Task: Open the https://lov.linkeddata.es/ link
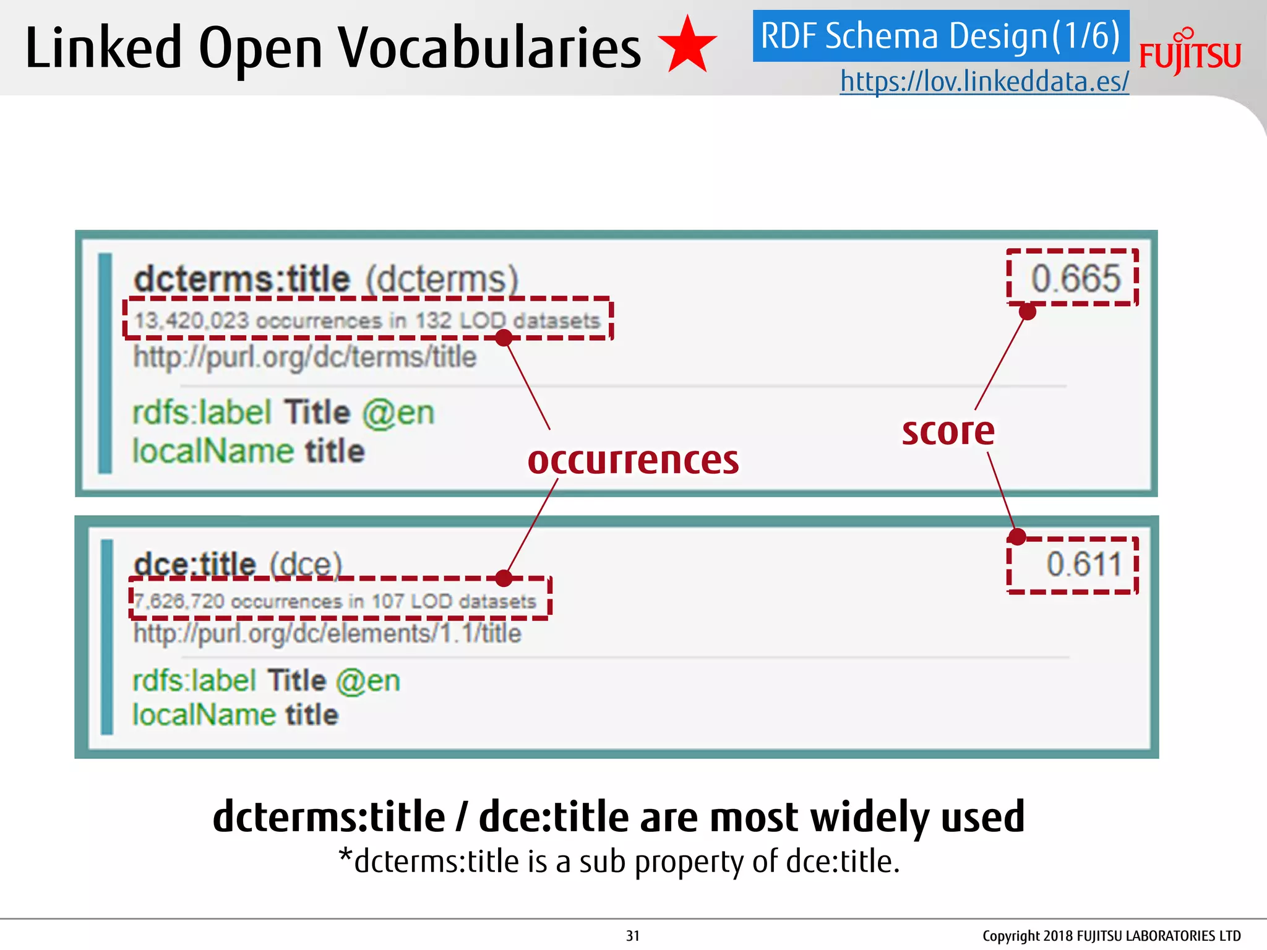tap(984, 81)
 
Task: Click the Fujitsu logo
tap(1190, 53)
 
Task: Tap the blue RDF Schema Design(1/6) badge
tap(940, 36)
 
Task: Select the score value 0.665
tap(1075, 278)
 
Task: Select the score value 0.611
tap(1084, 564)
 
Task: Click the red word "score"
tap(948, 431)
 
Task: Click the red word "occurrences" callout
tap(633, 460)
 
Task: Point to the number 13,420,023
tap(191, 320)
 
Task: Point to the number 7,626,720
tap(179, 601)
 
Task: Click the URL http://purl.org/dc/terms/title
tap(305, 357)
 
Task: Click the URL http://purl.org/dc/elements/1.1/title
tap(327, 633)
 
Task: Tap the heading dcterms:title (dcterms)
tap(325, 279)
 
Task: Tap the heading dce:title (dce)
tap(238, 563)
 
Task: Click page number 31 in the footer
tap(632, 936)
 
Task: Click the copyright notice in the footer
tap(1111, 936)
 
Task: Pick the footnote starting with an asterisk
tap(619, 861)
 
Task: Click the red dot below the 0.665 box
tap(1027, 312)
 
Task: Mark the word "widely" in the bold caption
tap(870, 817)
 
